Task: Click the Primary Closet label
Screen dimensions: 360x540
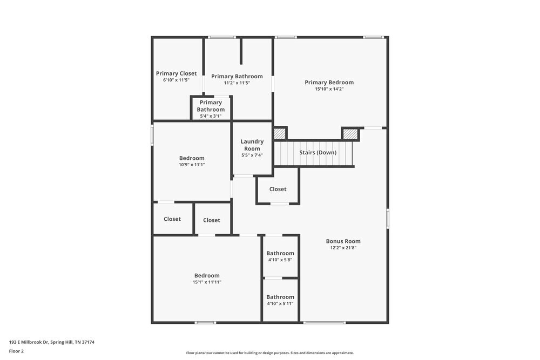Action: pos(176,73)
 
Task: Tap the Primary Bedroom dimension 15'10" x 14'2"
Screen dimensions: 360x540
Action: pos(329,89)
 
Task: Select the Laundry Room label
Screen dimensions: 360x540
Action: pos(252,145)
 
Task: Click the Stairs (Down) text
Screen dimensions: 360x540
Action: pos(318,153)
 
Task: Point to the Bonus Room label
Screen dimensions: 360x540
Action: pos(343,241)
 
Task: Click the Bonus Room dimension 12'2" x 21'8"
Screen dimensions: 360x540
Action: pos(343,248)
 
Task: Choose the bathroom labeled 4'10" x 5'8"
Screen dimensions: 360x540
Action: pos(280,256)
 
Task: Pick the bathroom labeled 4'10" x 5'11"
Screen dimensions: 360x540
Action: pos(280,300)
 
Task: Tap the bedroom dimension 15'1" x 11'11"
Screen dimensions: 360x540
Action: pos(207,282)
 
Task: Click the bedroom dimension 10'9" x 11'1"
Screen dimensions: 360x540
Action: pos(192,165)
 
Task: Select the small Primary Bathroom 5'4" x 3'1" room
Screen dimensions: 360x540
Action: pos(211,108)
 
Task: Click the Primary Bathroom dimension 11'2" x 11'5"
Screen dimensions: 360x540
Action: pos(237,83)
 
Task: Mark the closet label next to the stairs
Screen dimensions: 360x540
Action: pos(278,189)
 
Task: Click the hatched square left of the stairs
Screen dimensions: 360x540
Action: pos(279,134)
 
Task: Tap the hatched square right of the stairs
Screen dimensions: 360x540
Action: pos(350,134)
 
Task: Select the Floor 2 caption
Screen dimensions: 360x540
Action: pos(16,351)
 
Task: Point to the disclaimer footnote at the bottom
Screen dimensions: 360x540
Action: pos(269,353)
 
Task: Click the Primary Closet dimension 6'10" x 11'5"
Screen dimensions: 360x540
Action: pos(176,80)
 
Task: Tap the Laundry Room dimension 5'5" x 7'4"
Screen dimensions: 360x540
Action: pos(252,155)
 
